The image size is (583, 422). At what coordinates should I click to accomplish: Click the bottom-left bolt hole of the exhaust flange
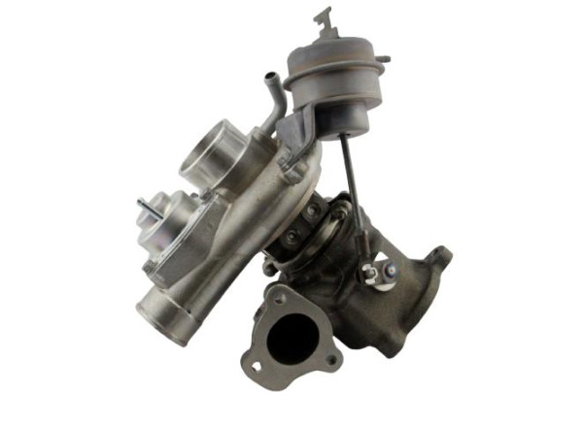pos(257,367)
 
